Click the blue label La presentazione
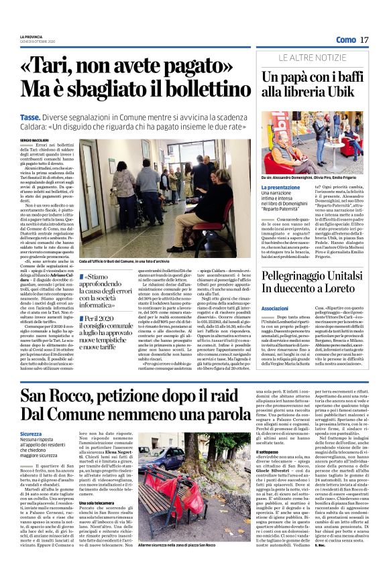tap(266, 188)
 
